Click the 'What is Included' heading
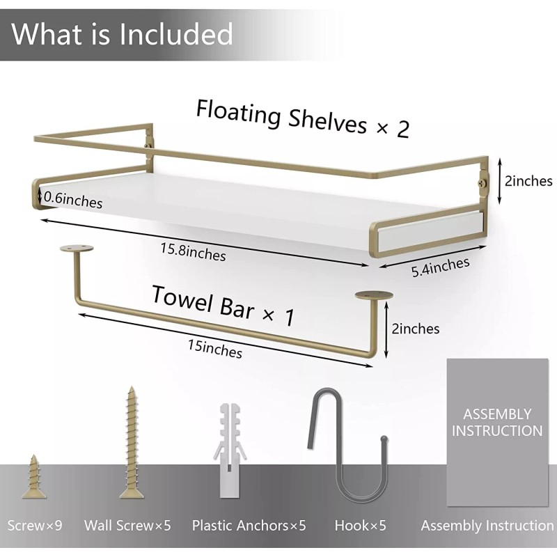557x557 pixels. [122, 33]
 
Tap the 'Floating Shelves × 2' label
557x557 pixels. [302, 118]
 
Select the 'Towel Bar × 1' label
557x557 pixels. [223, 305]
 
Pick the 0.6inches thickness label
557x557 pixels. [72, 201]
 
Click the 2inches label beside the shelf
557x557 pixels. [528, 181]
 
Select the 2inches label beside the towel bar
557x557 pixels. [416, 328]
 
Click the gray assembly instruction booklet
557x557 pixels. [497, 432]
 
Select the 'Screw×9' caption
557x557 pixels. [35, 526]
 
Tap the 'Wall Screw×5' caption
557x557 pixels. [127, 526]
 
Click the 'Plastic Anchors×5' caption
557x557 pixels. [249, 526]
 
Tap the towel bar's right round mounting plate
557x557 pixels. [374, 295]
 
